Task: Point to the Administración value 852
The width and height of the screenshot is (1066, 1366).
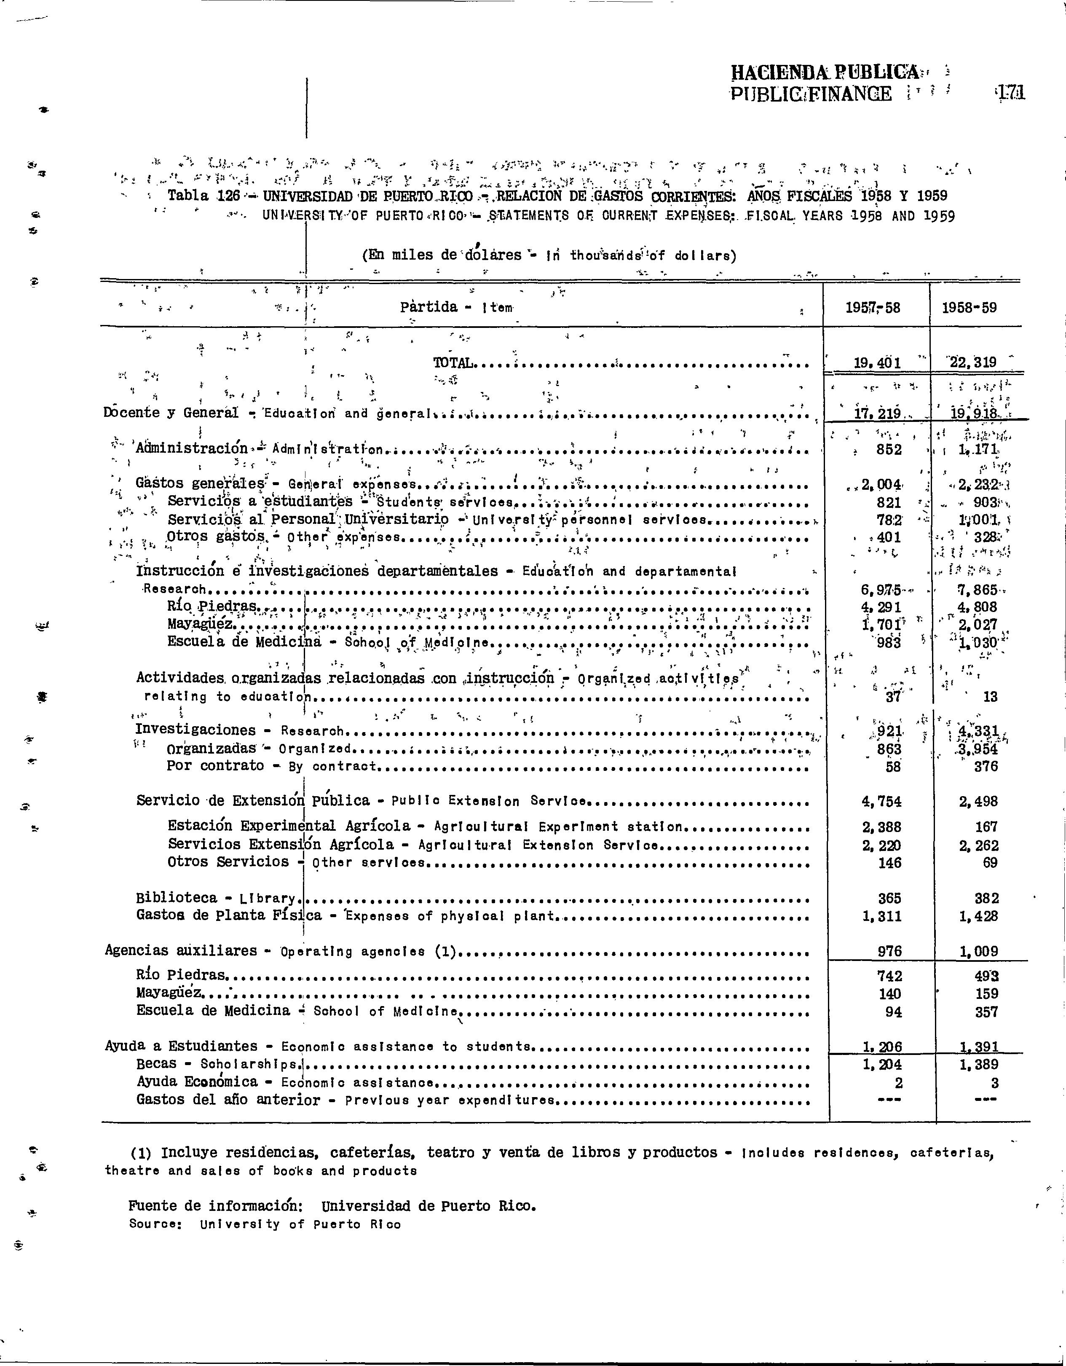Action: [x=889, y=450]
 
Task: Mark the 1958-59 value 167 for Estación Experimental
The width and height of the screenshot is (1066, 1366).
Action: [x=986, y=827]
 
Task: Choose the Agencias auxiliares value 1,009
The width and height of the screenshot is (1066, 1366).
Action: [x=978, y=951]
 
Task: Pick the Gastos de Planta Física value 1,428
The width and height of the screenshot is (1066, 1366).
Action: [x=978, y=916]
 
